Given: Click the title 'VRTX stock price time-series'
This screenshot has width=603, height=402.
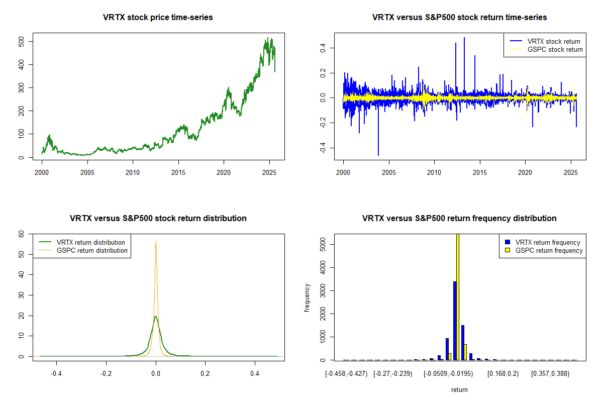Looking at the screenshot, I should coord(158,18).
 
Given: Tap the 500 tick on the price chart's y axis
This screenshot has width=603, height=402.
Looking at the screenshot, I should coord(28,41).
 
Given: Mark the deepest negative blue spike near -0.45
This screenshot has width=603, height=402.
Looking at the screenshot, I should coord(378,155).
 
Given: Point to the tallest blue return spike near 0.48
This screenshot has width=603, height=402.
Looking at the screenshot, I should coord(464,38).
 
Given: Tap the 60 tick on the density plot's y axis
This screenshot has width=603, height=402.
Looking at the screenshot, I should coord(28,234).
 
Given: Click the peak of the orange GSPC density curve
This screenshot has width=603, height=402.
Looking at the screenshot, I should coord(156,241).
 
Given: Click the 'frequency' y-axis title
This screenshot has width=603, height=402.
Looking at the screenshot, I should coord(308,298).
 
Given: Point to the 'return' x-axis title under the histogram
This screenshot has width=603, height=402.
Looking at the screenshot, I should coord(459,389).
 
